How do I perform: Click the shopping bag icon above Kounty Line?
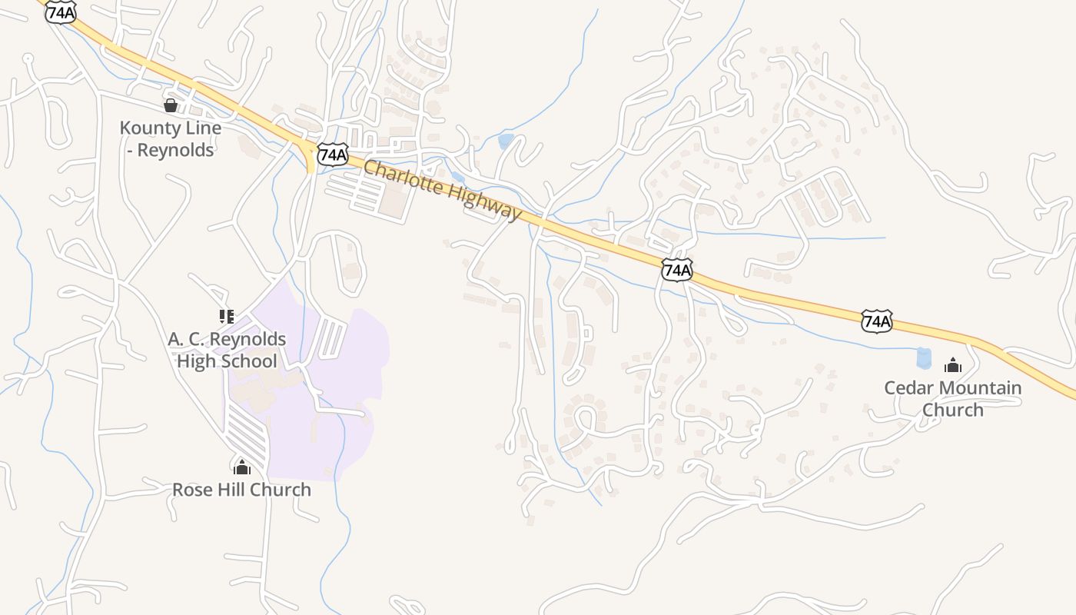click(x=171, y=105)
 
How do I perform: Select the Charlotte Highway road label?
click(x=441, y=189)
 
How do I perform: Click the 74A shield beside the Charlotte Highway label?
click(x=333, y=155)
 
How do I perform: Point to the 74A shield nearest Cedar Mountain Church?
click(x=877, y=321)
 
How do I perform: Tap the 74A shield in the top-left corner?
click(x=61, y=12)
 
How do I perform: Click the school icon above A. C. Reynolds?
click(x=226, y=316)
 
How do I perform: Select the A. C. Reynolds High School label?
click(x=227, y=350)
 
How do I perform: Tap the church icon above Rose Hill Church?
click(x=242, y=467)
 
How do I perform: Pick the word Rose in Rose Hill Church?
click(x=192, y=490)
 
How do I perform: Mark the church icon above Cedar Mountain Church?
click(x=953, y=365)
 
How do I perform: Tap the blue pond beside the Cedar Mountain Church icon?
click(x=923, y=357)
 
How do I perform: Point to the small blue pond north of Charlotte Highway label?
click(x=506, y=141)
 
